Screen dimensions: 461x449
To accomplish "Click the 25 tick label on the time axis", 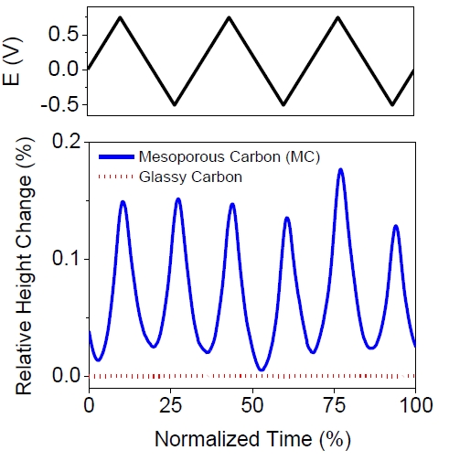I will coord(170,403).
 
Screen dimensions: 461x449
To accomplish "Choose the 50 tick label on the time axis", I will coord(251,403).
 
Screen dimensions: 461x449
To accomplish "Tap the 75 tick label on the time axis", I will coord(334,403).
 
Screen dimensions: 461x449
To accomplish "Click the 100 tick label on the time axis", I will coord(414,403).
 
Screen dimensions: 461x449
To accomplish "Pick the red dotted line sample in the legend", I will coord(112,174).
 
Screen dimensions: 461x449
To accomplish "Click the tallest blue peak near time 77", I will coord(340,169).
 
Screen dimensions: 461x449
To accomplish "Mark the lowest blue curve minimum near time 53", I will coord(262,370).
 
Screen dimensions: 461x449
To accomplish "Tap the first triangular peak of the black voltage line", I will coord(121,17).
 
